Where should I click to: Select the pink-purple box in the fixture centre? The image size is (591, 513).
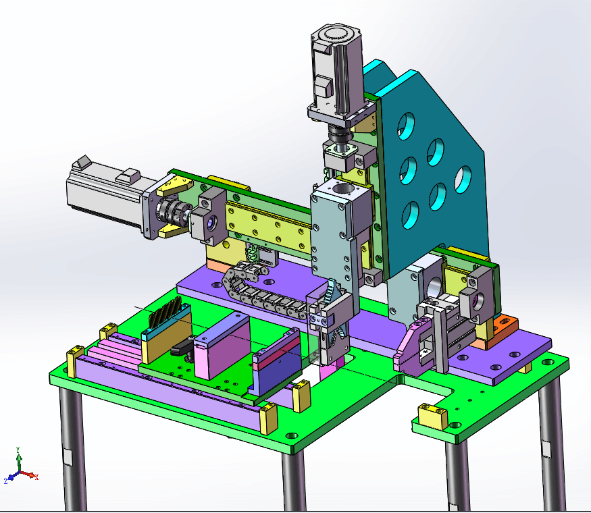(x=222, y=346)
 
